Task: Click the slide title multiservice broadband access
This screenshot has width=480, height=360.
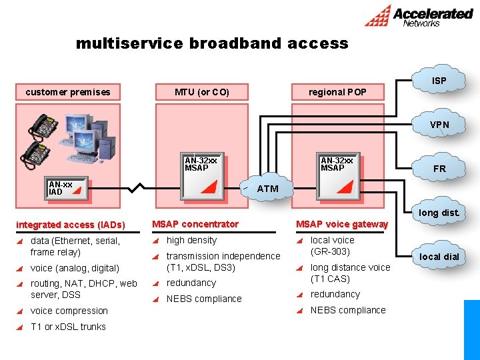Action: point(212,44)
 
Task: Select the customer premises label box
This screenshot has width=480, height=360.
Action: point(68,92)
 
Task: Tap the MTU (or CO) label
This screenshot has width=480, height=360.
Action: point(202,92)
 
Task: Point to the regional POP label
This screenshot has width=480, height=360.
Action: point(337,92)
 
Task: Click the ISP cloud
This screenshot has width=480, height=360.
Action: point(439,81)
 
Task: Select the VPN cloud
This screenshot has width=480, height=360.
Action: point(439,125)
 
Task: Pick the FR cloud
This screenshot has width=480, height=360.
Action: point(439,169)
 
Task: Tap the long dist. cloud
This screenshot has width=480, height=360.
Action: point(439,213)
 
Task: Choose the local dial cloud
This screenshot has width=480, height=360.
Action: point(439,257)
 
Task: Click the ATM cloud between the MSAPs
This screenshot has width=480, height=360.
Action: point(267,189)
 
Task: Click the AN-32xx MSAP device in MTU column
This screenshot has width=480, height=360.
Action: point(203,178)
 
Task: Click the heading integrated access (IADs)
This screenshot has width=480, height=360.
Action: point(70,225)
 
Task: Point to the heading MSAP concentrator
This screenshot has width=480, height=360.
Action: point(195,224)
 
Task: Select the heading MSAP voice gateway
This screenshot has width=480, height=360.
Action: point(341,224)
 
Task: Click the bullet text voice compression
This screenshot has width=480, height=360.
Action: point(69,311)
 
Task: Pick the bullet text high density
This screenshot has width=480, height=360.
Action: point(191,240)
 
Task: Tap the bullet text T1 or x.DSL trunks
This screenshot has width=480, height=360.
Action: point(68,327)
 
